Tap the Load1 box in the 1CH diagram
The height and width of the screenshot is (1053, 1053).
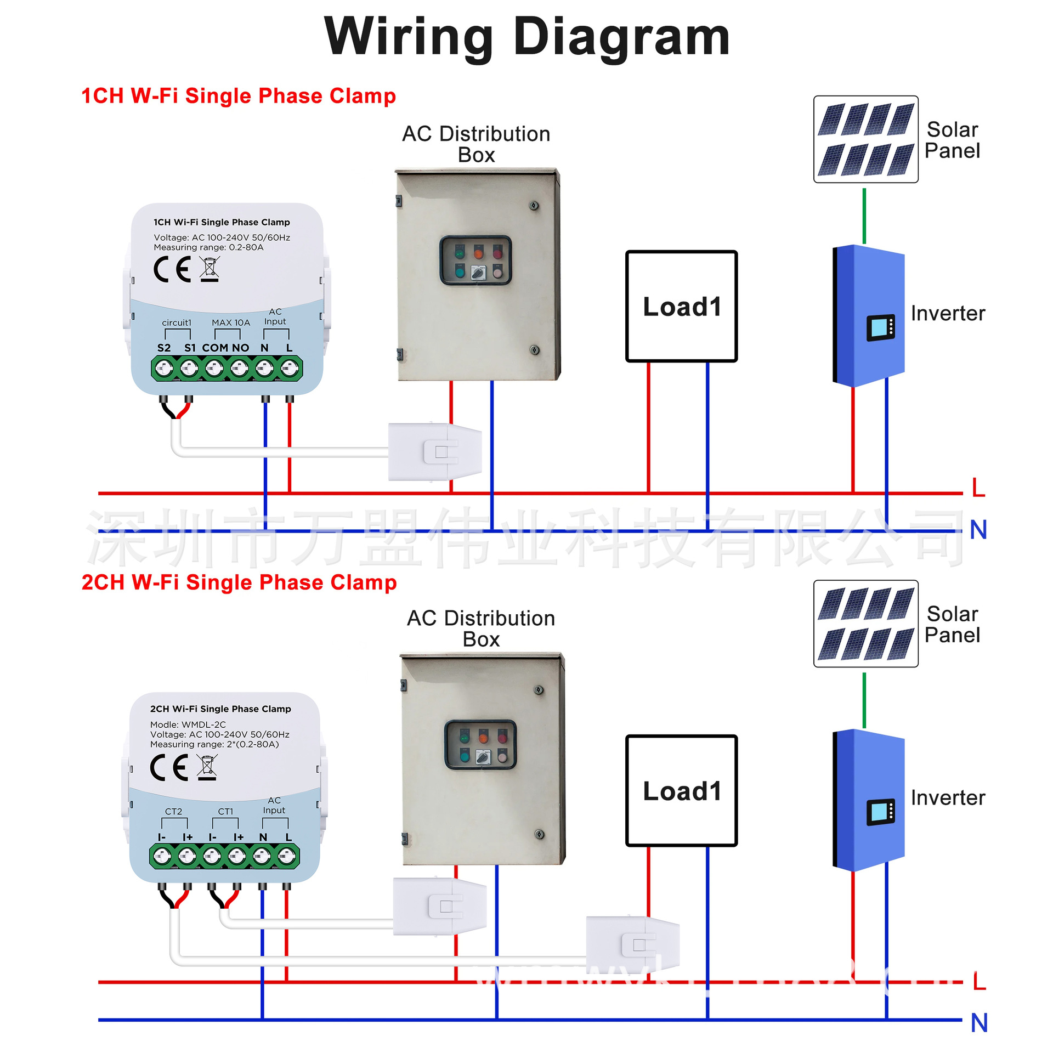681,306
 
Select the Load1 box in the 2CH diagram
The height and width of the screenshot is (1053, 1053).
681,790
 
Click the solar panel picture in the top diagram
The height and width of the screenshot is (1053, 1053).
865,139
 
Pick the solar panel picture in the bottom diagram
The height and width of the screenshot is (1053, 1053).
865,624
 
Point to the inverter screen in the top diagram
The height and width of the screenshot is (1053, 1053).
880,327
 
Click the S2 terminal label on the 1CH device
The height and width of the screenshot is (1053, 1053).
163,348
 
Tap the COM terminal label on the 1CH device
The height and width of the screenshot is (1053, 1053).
215,348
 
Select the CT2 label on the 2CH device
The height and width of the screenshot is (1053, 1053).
173,811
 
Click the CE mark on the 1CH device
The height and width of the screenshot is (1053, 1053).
172,269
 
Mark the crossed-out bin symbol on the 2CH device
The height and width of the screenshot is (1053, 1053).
207,767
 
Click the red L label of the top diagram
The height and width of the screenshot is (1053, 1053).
978,488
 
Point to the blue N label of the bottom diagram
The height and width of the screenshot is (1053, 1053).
978,1023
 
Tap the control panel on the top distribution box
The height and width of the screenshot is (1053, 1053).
475,261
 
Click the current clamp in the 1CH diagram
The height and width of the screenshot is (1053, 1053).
435,452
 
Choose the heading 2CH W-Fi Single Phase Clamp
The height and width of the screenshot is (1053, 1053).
239,582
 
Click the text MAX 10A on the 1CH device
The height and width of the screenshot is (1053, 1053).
231,322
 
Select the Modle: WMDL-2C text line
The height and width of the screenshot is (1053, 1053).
188,724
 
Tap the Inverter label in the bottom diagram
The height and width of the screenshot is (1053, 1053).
947,797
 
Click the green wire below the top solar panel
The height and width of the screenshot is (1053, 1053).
864,216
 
